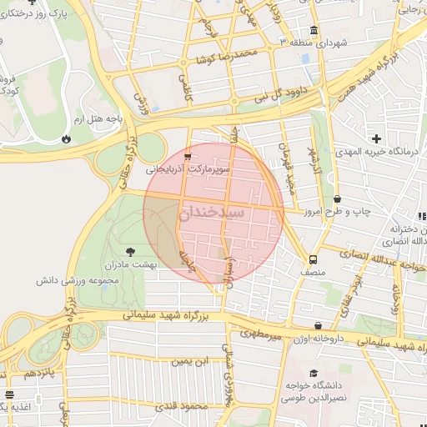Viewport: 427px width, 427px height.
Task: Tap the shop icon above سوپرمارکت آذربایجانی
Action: pyautogui.click(x=188, y=155)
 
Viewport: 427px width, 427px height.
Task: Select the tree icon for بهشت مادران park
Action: pyautogui.click(x=130, y=250)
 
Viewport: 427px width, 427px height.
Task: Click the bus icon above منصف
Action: pyautogui.click(x=313, y=259)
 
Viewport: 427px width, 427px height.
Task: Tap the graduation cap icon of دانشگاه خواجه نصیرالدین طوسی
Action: pyautogui.click(x=313, y=373)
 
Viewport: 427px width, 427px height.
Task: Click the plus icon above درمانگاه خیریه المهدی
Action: pyautogui.click(x=377, y=138)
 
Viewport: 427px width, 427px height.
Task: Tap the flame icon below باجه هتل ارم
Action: pyautogui.click(x=66, y=138)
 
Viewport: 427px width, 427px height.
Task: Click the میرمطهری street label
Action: pyautogui.click(x=262, y=334)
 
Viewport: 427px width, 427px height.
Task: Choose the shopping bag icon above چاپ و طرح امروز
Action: pyautogui.click(x=337, y=199)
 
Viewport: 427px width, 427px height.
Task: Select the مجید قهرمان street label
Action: pyautogui.click(x=289, y=158)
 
